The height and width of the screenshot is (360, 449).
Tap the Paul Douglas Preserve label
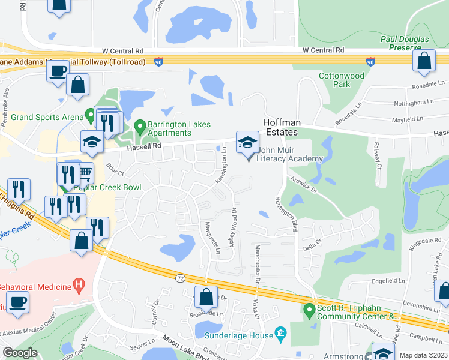[405, 44]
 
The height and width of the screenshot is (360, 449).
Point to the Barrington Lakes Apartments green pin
[140, 127]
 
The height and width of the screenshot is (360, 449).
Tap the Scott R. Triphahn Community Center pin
[309, 311]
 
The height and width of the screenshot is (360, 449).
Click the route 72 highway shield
[181, 278]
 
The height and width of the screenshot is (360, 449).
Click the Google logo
[20, 353]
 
